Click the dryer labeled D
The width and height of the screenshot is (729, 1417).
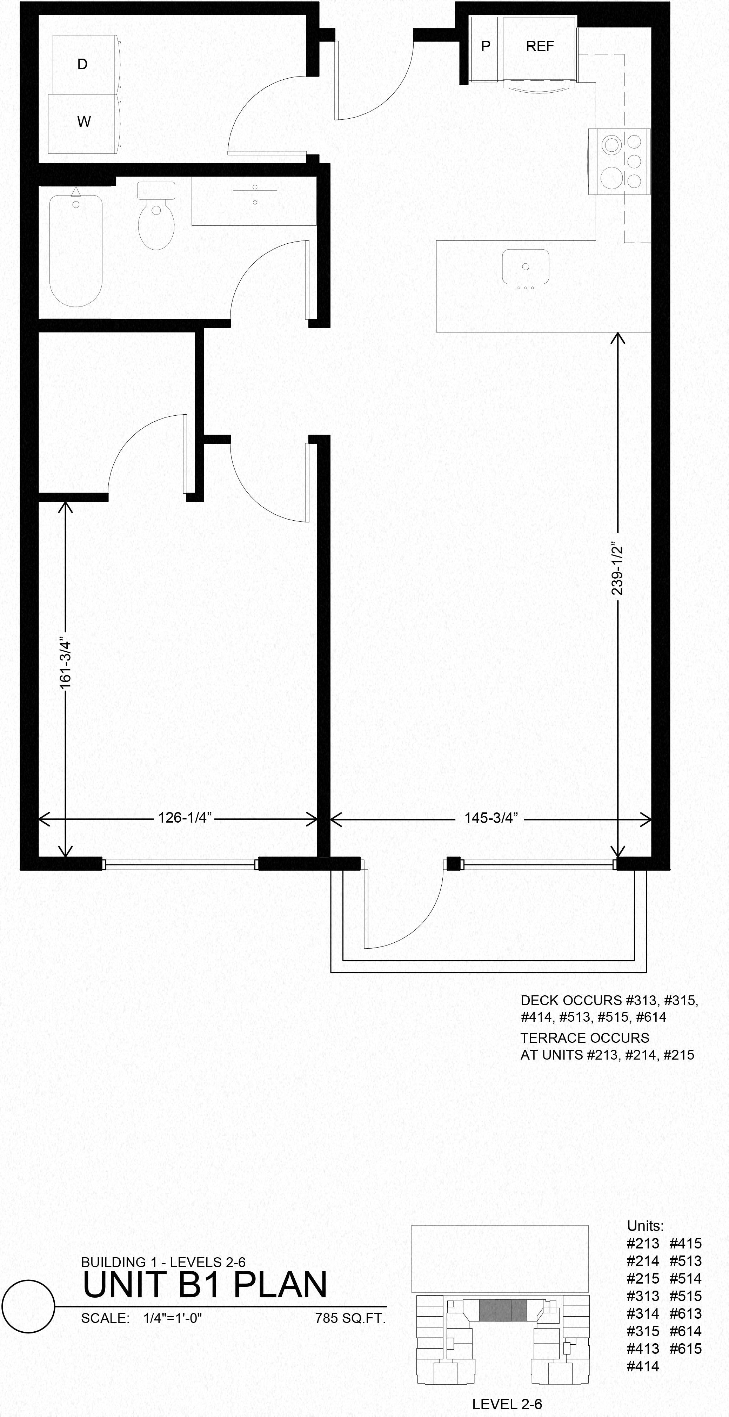[x=82, y=64]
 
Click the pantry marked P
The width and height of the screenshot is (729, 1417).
[x=486, y=46]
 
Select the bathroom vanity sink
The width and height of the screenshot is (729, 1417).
[x=255, y=205]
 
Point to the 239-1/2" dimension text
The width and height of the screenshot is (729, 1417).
[x=617, y=570]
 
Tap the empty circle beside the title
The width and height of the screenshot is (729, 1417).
[x=28, y=1306]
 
